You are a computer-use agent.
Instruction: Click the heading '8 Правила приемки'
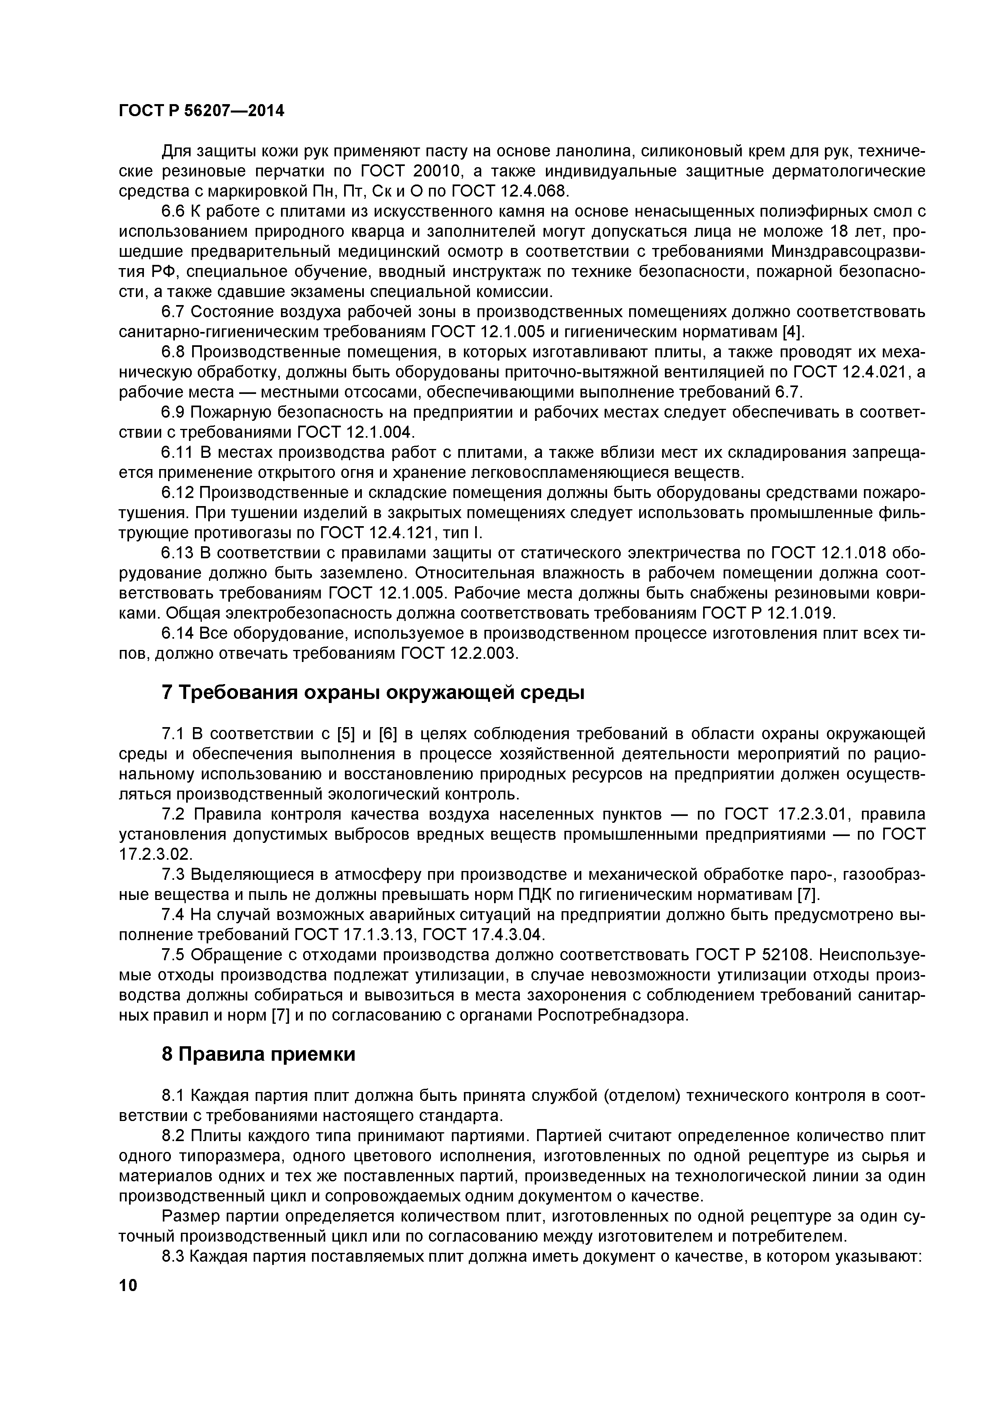click(x=258, y=1054)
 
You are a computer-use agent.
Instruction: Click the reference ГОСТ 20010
click(x=403, y=171)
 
